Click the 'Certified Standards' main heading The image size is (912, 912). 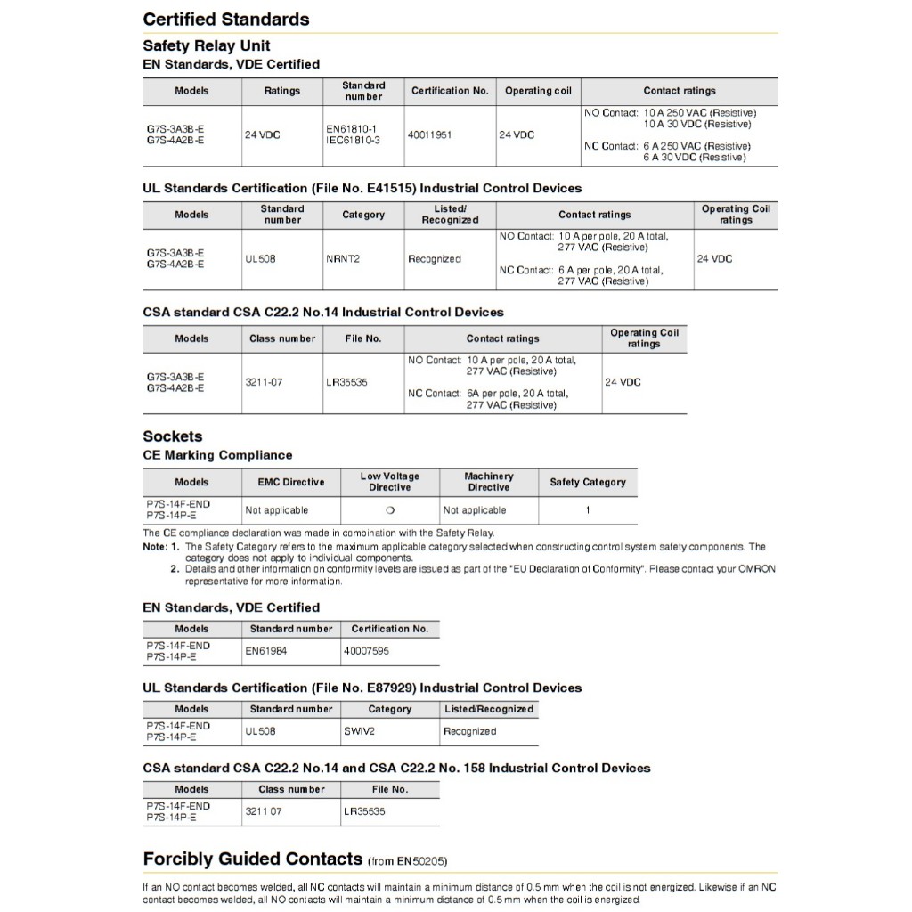point(226,20)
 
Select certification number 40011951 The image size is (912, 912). point(429,135)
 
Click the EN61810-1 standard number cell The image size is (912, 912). point(353,129)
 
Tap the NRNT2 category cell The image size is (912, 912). point(342,259)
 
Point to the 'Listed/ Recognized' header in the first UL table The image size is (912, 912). point(450,215)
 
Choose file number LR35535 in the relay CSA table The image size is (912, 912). point(346,382)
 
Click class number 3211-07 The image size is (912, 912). point(265,382)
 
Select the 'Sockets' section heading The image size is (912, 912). point(173,436)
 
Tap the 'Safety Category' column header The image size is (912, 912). point(588,482)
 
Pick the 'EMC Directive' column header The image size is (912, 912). point(284,482)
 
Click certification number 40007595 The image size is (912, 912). point(366,651)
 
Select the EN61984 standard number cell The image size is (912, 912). point(266,651)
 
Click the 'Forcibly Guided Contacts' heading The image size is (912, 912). point(252,859)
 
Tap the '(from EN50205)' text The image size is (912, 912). point(407,861)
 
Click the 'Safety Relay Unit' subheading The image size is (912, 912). point(207,45)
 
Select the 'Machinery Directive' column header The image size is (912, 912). point(489,482)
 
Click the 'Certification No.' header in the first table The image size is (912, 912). point(450,91)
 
